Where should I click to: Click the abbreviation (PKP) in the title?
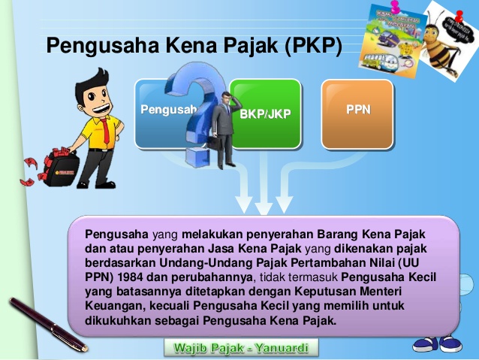pyautogui.click(x=313, y=47)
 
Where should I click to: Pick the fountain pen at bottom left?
pyautogui.click(x=45, y=323)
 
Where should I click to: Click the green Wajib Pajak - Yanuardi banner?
pyautogui.click(x=241, y=348)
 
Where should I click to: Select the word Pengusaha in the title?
pyautogui.click(x=95, y=47)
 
